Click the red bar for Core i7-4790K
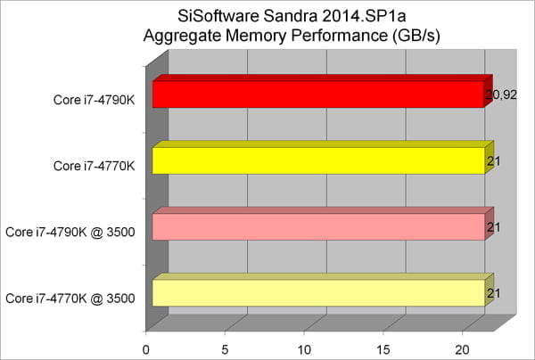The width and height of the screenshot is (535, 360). (x=317, y=94)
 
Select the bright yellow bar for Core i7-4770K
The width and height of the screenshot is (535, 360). (x=317, y=160)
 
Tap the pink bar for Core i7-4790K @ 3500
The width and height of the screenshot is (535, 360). (x=317, y=226)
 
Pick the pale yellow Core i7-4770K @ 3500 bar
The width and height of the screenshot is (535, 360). (x=317, y=292)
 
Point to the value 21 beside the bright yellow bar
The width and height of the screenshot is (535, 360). (x=492, y=161)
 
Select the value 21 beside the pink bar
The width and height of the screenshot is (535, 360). (x=492, y=227)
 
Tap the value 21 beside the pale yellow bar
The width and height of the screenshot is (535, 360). (x=492, y=293)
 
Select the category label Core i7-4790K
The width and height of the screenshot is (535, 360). (x=94, y=100)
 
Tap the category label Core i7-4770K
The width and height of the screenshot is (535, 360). (x=94, y=166)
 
